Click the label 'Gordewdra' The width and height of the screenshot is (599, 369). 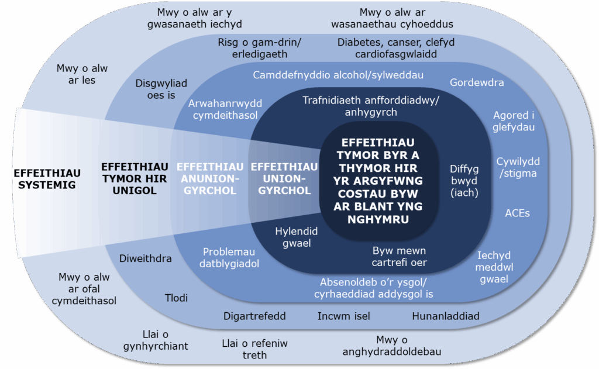pos(477,82)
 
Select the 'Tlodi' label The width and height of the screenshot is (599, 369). pos(175,298)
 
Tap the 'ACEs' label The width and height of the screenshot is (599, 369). pos(517,213)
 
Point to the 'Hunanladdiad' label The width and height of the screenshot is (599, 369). pos(446,316)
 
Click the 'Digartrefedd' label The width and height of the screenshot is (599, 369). pos(254,316)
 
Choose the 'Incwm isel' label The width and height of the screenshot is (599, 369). pos(344,316)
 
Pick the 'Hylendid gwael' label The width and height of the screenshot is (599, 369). pos(297,237)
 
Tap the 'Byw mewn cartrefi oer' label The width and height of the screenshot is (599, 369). pos(400,256)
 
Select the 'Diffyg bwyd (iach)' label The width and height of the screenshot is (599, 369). pos(464,180)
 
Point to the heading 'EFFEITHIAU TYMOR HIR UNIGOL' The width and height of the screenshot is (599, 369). pos(135,178)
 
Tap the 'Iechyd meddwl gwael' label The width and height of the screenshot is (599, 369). pos(494,267)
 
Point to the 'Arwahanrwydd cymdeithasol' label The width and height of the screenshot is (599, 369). pos(225,109)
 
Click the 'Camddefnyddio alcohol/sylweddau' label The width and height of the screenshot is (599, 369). pos(338,75)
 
